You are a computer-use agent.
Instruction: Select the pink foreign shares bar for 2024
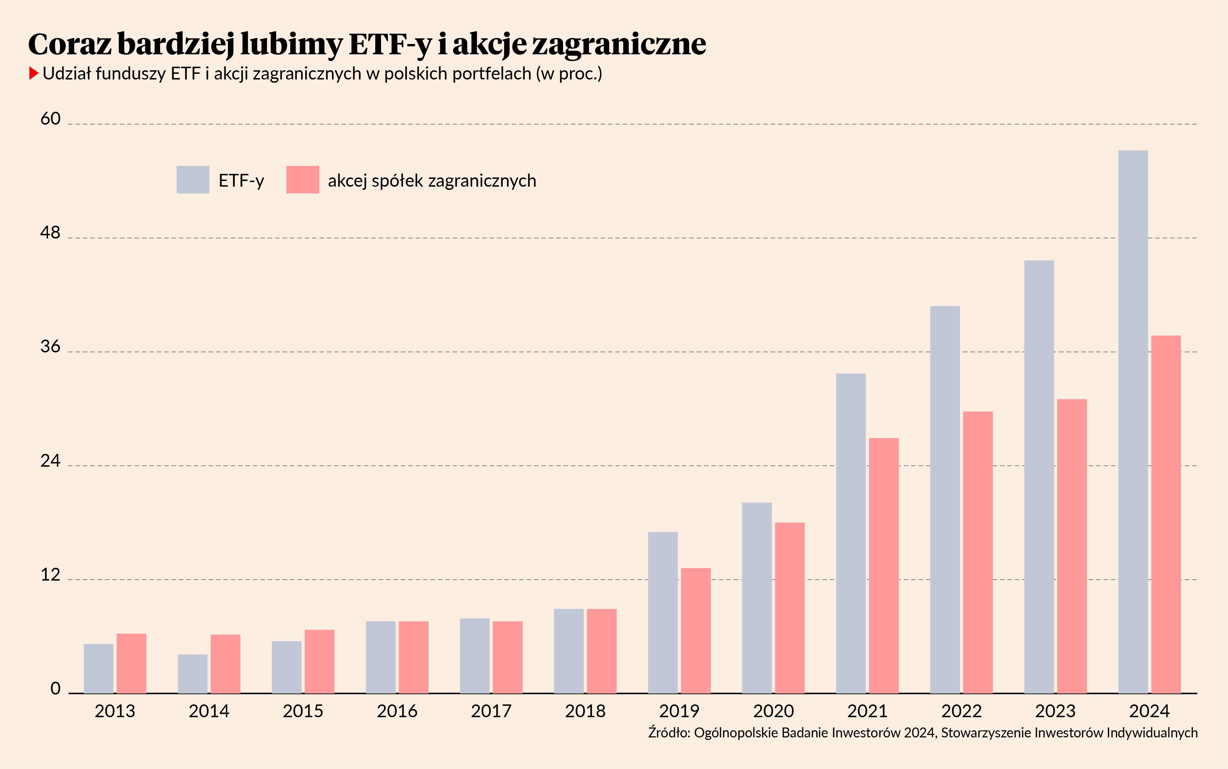pyautogui.click(x=1166, y=514)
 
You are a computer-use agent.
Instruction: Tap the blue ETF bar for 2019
pyautogui.click(x=663, y=613)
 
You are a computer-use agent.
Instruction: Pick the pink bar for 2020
pyautogui.click(x=790, y=608)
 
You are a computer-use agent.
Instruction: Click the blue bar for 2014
pyautogui.click(x=193, y=674)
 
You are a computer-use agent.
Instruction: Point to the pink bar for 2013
pyautogui.click(x=131, y=663)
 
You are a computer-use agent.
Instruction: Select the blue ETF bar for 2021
pyautogui.click(x=851, y=533)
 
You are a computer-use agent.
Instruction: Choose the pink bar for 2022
pyautogui.click(x=978, y=552)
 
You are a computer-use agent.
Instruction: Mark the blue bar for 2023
pyautogui.click(x=1039, y=477)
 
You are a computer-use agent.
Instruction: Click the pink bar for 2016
pyautogui.click(x=414, y=657)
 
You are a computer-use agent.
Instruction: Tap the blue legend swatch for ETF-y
pyautogui.click(x=193, y=180)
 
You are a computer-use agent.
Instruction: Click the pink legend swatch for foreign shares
pyautogui.click(x=303, y=180)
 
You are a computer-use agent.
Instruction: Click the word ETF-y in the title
pyautogui.click(x=390, y=44)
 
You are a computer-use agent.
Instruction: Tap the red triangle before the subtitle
pyautogui.click(x=34, y=73)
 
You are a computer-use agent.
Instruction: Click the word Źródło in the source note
pyautogui.click(x=669, y=732)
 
